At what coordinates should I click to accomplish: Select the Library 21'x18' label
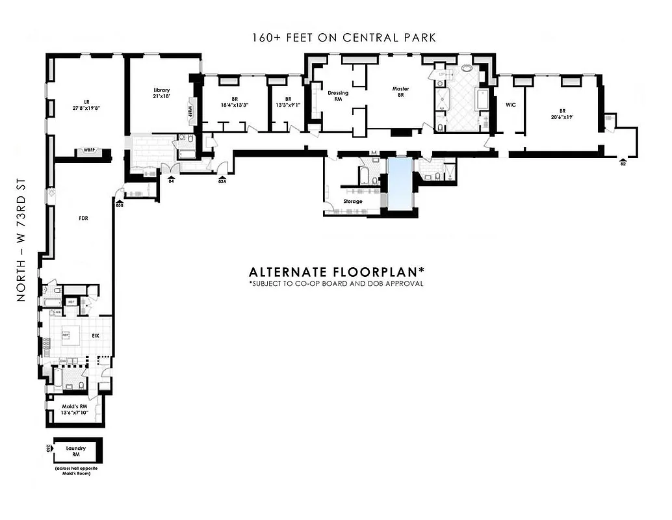click(x=162, y=94)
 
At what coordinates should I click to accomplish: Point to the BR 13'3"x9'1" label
click(x=287, y=101)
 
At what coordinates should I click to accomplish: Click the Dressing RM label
click(x=338, y=96)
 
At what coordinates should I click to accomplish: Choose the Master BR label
click(x=400, y=92)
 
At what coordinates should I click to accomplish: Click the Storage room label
click(x=353, y=201)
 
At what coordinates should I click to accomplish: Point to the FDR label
click(x=83, y=218)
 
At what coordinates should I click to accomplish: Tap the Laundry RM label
click(x=76, y=452)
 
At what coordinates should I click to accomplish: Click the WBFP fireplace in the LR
click(x=90, y=151)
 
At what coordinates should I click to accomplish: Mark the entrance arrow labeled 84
click(x=172, y=177)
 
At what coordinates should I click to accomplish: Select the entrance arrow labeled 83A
click(x=222, y=177)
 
